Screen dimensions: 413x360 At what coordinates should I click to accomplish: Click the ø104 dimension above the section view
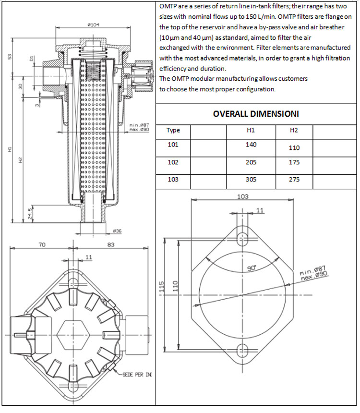pyautogui.click(x=94, y=24)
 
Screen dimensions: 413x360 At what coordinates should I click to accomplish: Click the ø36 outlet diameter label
pyautogui.click(x=116, y=231)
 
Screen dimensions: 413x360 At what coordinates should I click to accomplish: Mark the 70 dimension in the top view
pyautogui.click(x=42, y=245)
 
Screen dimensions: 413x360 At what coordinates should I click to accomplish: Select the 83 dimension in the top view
pyautogui.click(x=111, y=245)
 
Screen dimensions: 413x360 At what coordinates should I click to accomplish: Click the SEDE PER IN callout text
pyautogui.click(x=137, y=374)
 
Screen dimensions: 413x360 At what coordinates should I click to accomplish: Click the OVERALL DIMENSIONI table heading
pyautogui.click(x=256, y=114)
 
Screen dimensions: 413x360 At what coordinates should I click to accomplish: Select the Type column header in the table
pyautogui.click(x=173, y=130)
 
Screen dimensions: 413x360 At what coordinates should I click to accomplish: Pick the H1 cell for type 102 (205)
pyautogui.click(x=251, y=162)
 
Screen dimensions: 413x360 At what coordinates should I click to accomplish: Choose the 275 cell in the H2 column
pyautogui.click(x=294, y=180)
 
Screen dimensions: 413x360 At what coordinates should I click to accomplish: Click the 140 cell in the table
pyautogui.click(x=251, y=145)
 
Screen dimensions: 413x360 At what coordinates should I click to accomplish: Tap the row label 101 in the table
pyautogui.click(x=173, y=145)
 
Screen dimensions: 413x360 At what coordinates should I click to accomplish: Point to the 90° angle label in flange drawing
pyautogui.click(x=252, y=267)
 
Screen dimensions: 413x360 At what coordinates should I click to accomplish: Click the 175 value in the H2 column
pyautogui.click(x=294, y=162)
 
